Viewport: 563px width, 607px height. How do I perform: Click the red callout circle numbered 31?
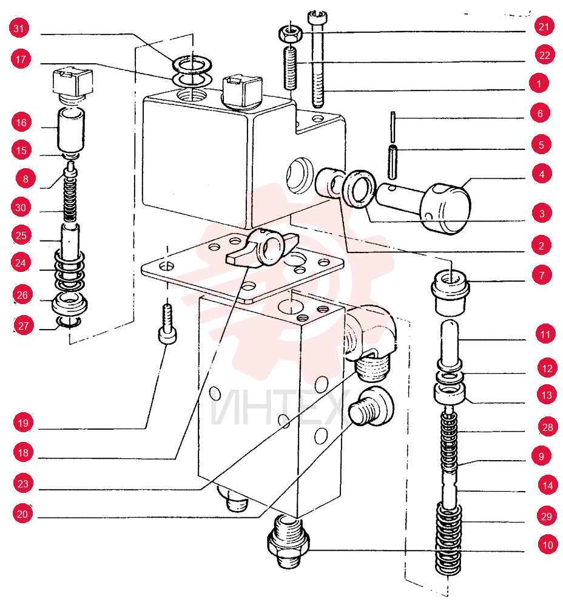click(19, 28)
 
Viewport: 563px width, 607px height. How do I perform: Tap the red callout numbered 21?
click(544, 26)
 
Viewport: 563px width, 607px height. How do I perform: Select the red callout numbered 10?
click(547, 545)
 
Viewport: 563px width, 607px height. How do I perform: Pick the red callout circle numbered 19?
click(23, 422)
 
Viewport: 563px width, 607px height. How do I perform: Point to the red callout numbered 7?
click(542, 275)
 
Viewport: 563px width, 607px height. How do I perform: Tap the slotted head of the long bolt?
click(318, 16)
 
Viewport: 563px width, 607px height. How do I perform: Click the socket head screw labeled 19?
click(168, 324)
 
